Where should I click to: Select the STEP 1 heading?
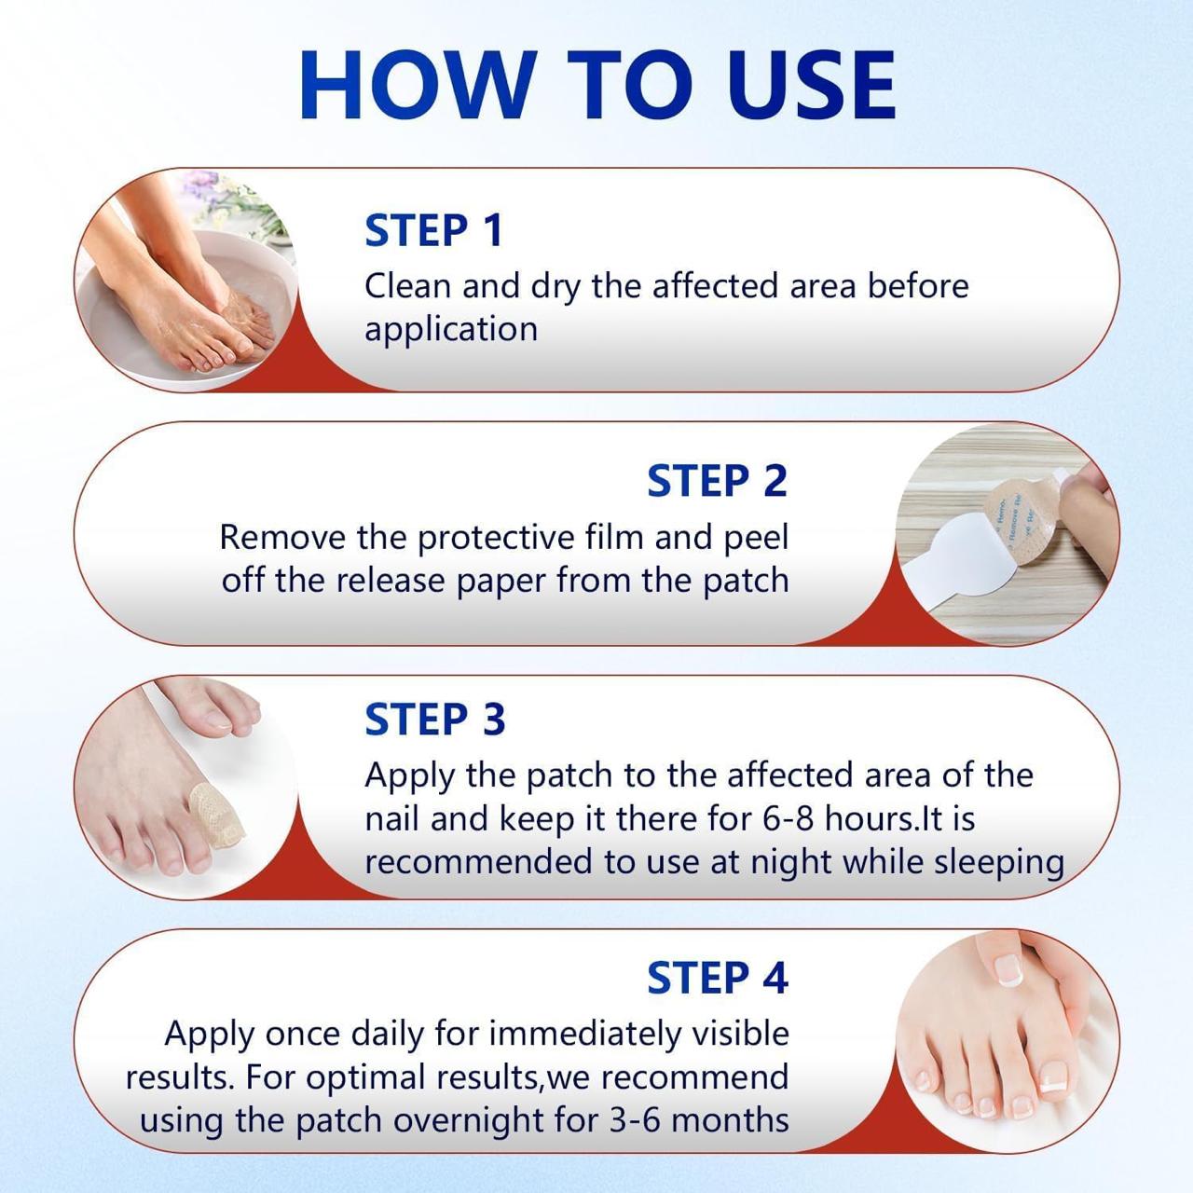(x=433, y=231)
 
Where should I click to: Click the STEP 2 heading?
(x=717, y=482)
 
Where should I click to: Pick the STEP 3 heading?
(x=434, y=720)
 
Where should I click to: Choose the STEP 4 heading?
(x=717, y=978)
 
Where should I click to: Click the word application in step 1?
(x=451, y=330)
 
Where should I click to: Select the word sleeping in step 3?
(x=999, y=863)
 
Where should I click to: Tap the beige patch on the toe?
(x=215, y=812)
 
